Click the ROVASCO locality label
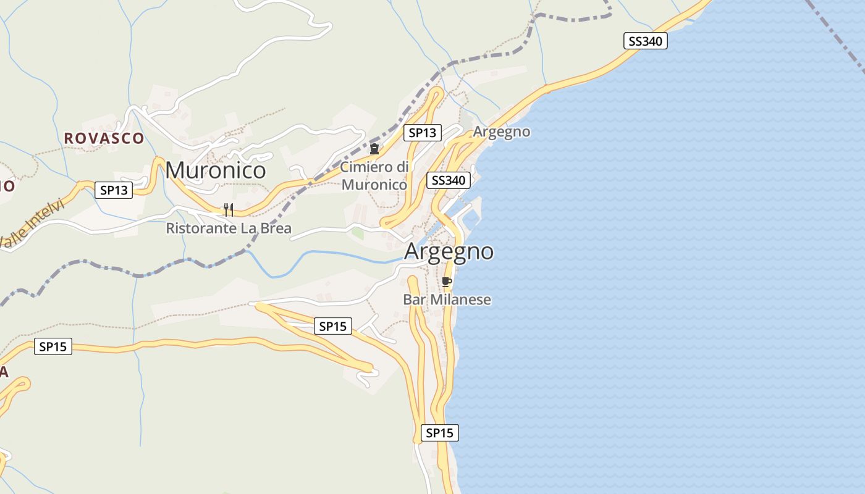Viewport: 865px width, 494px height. pyautogui.click(x=104, y=138)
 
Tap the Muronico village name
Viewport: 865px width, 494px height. pyautogui.click(x=216, y=170)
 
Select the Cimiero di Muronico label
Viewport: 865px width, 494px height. pyautogui.click(x=374, y=176)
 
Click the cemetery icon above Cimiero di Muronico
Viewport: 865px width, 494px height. pyautogui.click(x=374, y=149)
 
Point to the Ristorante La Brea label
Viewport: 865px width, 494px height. pyautogui.click(x=229, y=228)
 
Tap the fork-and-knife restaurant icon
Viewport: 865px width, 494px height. pyautogui.click(x=229, y=209)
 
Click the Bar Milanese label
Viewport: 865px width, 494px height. pyautogui.click(x=447, y=299)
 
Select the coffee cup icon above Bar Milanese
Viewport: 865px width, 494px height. pyautogui.click(x=447, y=282)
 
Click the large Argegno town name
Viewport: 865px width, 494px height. pyautogui.click(x=449, y=251)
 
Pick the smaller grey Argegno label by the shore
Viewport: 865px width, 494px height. pyautogui.click(x=502, y=132)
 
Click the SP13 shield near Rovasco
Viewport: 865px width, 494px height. pyautogui.click(x=114, y=190)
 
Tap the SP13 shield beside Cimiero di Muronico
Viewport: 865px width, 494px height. pyautogui.click(x=423, y=133)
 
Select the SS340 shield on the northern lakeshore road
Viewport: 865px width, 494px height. pyautogui.click(x=645, y=41)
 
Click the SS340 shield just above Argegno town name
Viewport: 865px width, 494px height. pyautogui.click(x=449, y=180)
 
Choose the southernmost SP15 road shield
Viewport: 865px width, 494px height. pyautogui.click(x=439, y=433)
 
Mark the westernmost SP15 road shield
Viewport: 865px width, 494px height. pyautogui.click(x=53, y=346)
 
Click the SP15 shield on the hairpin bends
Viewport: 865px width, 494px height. pyautogui.click(x=333, y=326)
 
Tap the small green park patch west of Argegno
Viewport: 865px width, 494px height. pyautogui.click(x=358, y=233)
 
